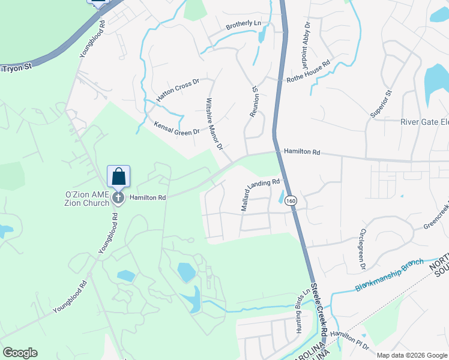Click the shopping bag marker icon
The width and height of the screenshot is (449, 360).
click(x=119, y=176)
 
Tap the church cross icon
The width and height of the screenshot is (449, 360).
click(x=119, y=197)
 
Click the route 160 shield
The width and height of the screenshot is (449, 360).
click(x=291, y=200)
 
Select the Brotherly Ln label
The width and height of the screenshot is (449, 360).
click(x=244, y=25)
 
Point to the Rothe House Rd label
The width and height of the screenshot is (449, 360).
click(x=309, y=71)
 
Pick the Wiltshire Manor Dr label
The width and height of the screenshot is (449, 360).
click(x=214, y=124)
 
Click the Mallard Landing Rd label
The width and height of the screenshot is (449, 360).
click(x=261, y=194)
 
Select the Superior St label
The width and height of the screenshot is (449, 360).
click(x=381, y=103)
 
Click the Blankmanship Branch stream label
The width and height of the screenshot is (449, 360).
click(x=389, y=275)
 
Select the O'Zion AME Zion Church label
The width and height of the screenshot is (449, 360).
click(x=87, y=199)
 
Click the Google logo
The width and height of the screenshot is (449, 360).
click(x=20, y=353)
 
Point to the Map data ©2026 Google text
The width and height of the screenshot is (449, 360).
click(x=412, y=355)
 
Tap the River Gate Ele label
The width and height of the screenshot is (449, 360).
click(x=424, y=122)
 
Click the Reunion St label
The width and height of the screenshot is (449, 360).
click(x=255, y=101)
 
